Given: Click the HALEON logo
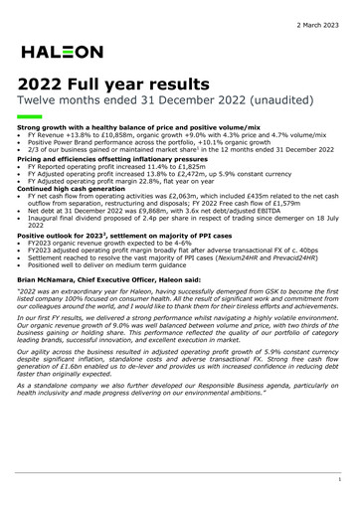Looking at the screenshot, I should [x=61, y=51].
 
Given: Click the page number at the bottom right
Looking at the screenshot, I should [x=338, y=479].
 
